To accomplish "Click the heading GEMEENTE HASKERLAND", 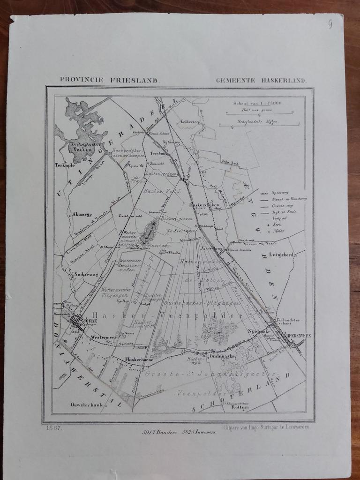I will point(261,80).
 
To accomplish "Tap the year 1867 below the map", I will point(53,428).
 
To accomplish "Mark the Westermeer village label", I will point(103,337).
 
